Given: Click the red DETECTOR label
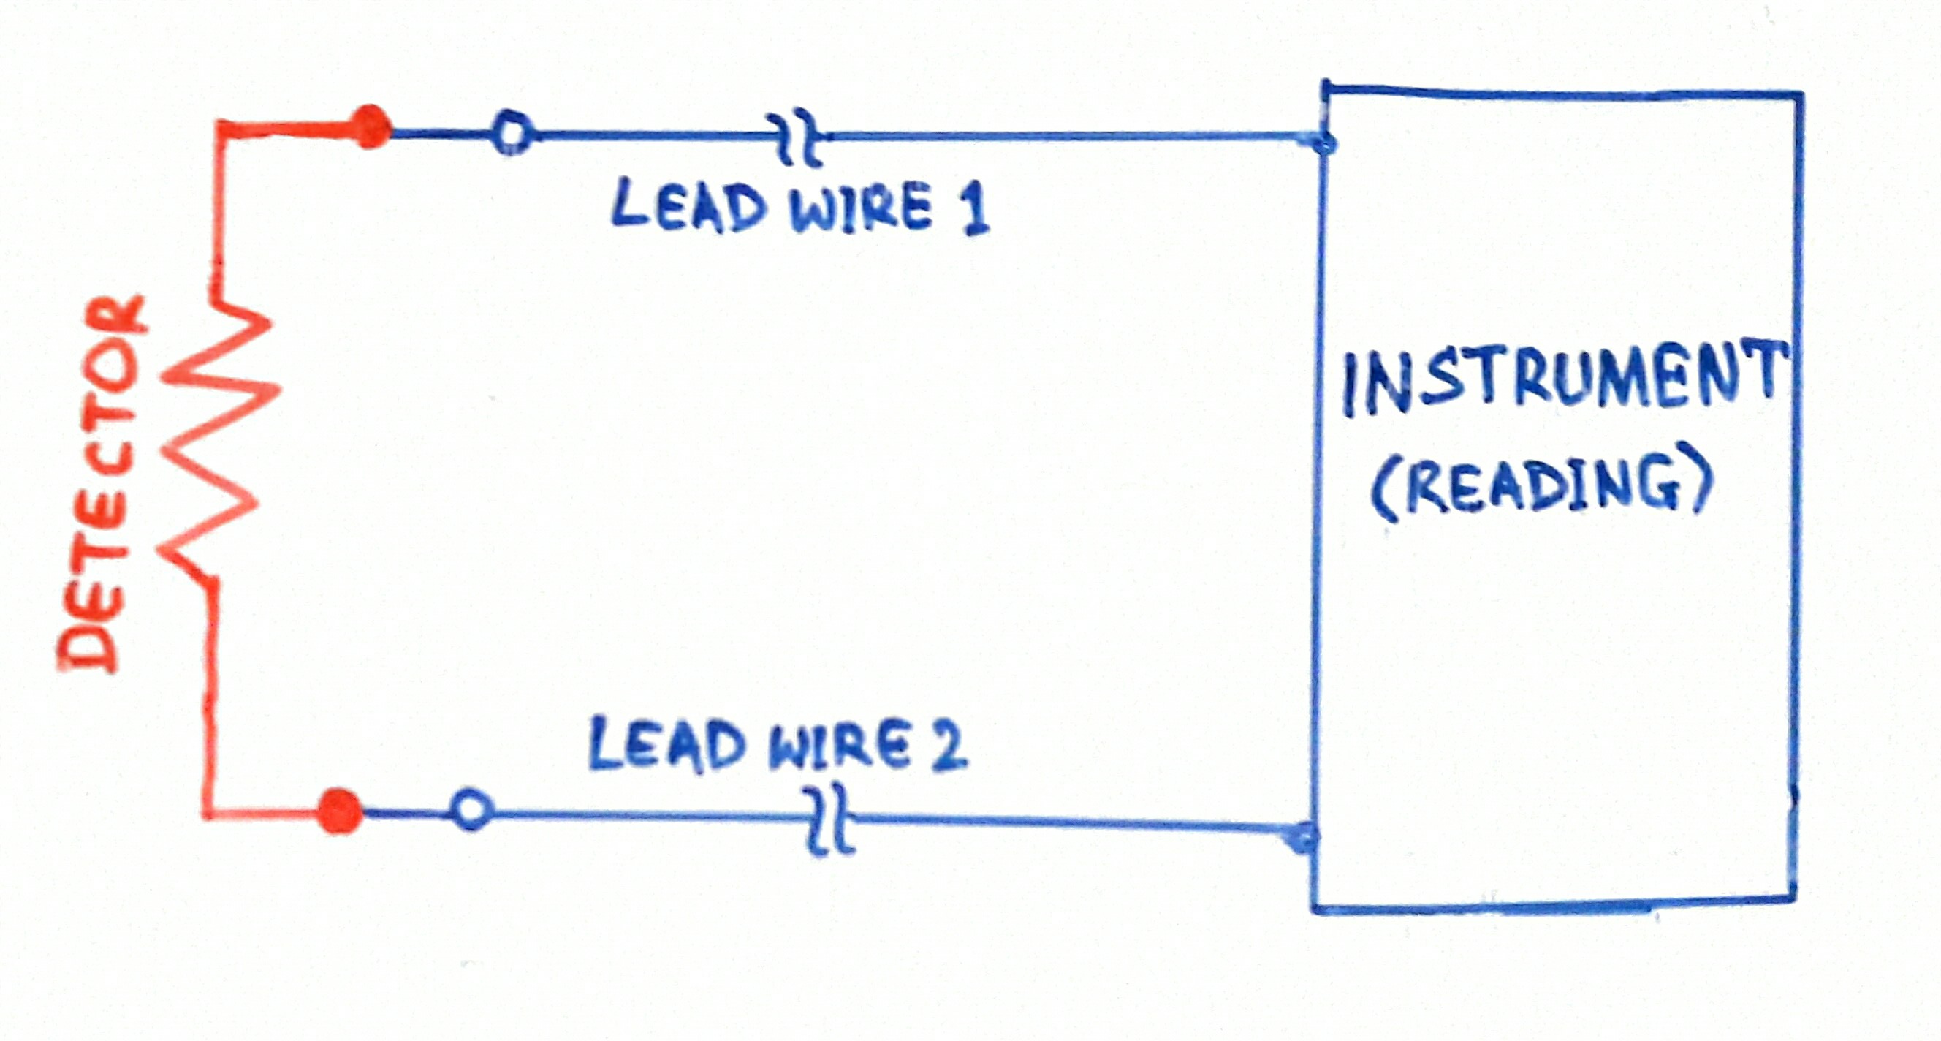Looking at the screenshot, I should (102, 482).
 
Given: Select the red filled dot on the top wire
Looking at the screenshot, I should (370, 126).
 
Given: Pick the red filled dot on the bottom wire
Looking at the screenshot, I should (338, 811).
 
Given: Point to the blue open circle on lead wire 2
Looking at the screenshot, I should (471, 810).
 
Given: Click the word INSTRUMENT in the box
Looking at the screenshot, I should (1563, 381).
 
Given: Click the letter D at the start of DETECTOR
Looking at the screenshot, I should (91, 640).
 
